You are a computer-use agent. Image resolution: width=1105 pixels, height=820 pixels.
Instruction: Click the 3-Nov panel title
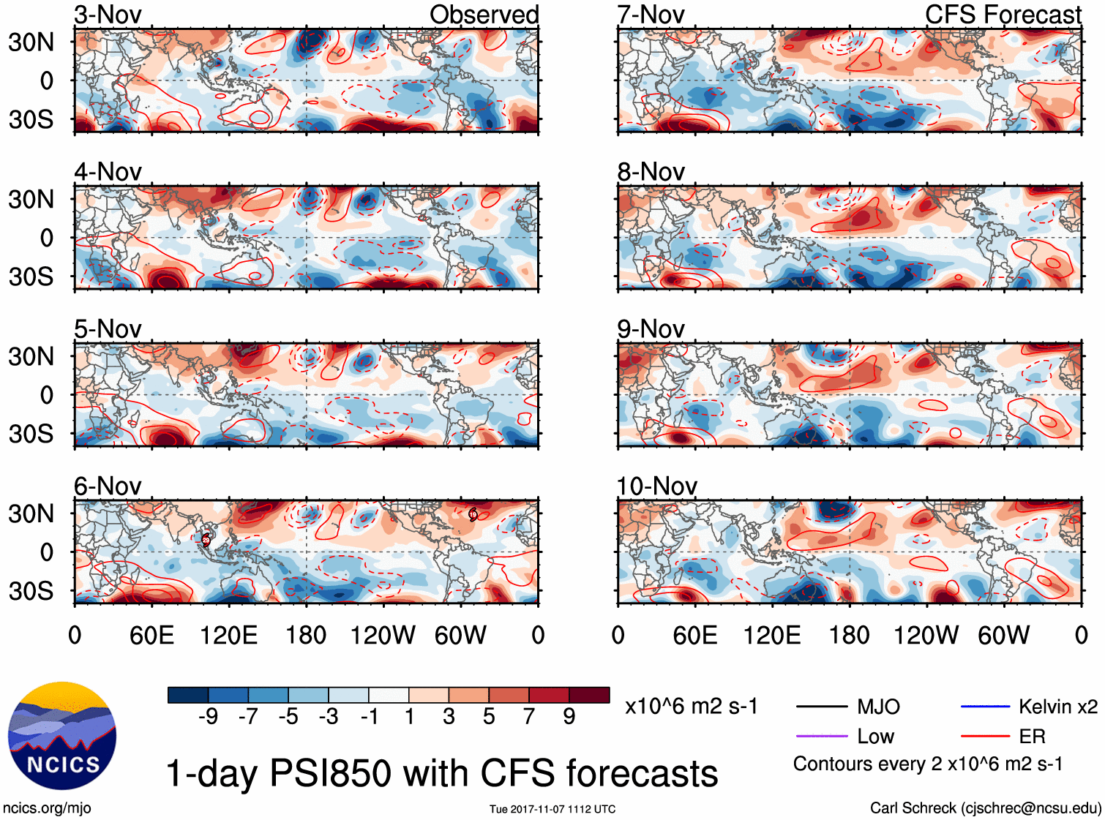108,15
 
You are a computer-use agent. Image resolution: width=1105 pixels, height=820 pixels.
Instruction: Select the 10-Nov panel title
656,486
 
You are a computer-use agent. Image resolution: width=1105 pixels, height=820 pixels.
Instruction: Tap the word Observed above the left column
484,15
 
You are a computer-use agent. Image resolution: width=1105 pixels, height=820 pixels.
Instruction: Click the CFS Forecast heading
1003,15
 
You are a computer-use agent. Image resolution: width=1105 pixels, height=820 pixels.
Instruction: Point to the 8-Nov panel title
651,172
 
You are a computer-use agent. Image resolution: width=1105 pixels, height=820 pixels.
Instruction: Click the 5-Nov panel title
108,329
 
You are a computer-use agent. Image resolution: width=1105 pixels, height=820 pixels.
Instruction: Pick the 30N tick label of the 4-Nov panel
31,199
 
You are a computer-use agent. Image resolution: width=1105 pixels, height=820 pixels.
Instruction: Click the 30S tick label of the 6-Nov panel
31,591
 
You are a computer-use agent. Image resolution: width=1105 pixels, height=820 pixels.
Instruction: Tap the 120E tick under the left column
228,635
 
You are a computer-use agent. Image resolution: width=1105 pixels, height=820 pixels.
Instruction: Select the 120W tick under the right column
926,635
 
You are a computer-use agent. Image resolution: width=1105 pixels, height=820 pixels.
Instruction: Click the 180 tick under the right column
849,635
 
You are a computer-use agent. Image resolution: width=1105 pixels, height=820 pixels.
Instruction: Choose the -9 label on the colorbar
208,717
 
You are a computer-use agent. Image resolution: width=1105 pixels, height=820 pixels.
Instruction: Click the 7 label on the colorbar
529,717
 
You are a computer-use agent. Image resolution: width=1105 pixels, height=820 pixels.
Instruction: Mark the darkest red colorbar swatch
589,695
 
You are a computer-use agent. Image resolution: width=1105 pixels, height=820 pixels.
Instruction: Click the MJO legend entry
878,707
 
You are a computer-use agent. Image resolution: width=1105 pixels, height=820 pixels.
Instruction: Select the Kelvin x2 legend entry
1057,707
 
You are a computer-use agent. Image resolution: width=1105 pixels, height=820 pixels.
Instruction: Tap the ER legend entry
1032,737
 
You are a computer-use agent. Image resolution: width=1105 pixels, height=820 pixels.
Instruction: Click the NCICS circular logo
62,736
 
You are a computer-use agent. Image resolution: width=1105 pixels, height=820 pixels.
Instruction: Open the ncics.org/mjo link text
47,808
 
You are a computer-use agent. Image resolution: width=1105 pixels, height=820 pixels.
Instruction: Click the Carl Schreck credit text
985,808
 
